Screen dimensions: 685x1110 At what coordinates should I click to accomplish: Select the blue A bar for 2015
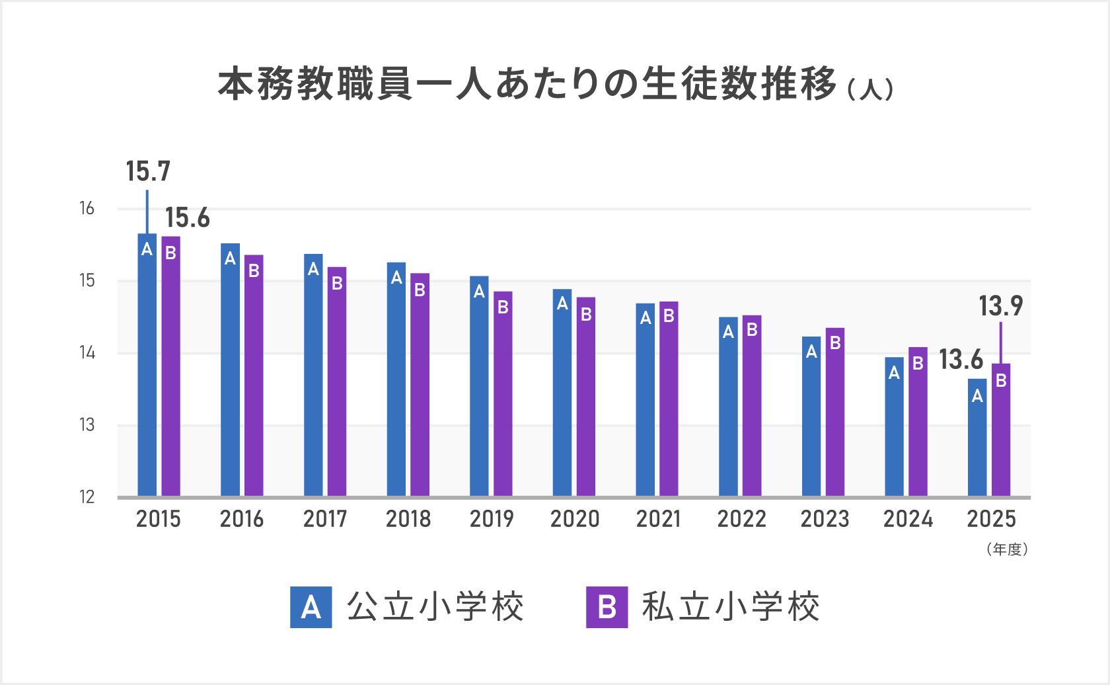[x=147, y=364]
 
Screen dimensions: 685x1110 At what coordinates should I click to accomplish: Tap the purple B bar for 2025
[x=1001, y=430]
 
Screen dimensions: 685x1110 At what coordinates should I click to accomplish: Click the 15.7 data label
[x=148, y=172]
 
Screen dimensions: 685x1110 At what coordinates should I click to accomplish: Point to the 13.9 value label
[x=1000, y=306]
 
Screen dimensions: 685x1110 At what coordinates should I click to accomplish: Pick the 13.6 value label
[x=961, y=360]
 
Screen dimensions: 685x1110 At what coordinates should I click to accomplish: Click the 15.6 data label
[x=187, y=218]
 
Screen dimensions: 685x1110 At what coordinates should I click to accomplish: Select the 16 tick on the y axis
[x=87, y=209]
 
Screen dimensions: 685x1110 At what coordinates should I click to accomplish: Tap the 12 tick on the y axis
[x=87, y=497]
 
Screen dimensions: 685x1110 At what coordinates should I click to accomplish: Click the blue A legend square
[x=311, y=607]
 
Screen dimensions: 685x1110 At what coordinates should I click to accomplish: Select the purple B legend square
[x=607, y=607]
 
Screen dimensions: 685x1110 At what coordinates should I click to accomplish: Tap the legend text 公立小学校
[x=435, y=607]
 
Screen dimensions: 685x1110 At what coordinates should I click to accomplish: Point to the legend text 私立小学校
[x=730, y=607]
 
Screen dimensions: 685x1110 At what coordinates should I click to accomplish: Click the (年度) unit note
[x=1007, y=549]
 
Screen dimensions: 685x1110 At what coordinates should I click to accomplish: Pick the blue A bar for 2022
[x=728, y=407]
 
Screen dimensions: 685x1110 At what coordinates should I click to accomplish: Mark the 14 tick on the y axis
[x=87, y=353]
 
